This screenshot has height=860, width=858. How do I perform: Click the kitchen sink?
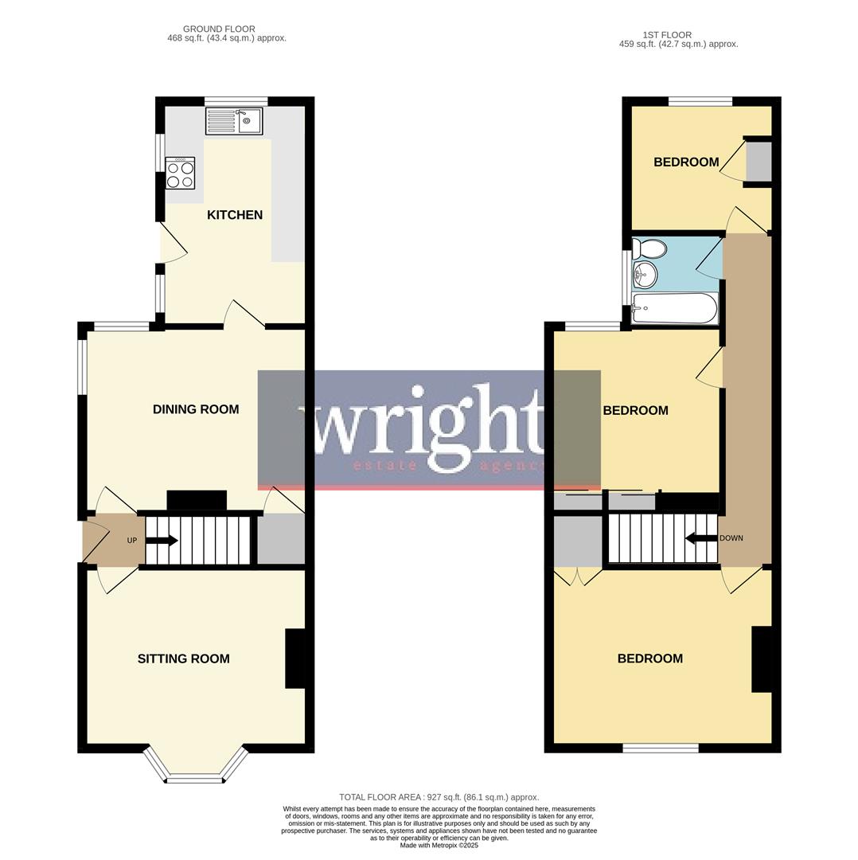(234, 121)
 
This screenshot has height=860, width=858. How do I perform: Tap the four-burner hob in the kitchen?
(180, 173)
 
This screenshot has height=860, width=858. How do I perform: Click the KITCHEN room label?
(235, 215)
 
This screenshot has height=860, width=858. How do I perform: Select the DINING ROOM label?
(196, 409)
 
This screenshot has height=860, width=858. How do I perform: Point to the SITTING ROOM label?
(183, 659)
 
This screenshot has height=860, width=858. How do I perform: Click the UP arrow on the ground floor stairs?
(162, 541)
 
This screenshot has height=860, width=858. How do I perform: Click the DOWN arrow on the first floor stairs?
(700, 538)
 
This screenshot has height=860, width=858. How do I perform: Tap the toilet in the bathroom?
(649, 250)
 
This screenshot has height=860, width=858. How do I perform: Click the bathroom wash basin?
(645, 276)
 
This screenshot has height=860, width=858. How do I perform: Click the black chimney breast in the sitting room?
(294, 659)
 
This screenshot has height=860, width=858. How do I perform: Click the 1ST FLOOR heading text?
(667, 35)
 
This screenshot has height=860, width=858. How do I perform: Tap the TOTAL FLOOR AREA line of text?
(439, 797)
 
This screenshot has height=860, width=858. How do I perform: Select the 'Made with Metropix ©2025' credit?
(439, 845)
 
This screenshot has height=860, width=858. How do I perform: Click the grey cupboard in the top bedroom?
(759, 162)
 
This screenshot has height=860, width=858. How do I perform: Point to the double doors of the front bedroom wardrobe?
(579, 577)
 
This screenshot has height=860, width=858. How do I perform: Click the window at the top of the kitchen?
(236, 101)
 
